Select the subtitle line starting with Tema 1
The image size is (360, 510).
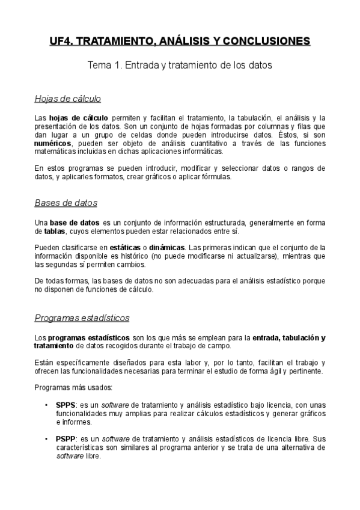pos(180,65)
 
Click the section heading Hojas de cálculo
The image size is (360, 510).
pos(68,99)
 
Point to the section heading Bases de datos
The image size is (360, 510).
pos(66,203)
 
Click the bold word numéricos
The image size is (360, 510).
pos(53,144)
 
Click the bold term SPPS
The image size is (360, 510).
pos(66,405)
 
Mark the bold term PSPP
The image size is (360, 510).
pos(66,439)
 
